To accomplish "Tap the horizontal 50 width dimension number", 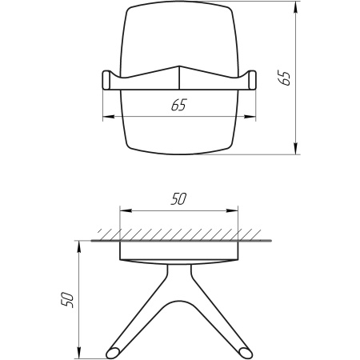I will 178,200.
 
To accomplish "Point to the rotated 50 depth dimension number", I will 67,299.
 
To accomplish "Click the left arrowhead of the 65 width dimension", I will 107,118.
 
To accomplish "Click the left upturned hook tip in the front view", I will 107,80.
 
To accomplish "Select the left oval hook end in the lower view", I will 114,351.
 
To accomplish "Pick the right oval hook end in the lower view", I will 243,351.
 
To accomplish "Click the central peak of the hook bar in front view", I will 178,66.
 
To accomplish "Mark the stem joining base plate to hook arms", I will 178,276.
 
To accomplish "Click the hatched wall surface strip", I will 178,234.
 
